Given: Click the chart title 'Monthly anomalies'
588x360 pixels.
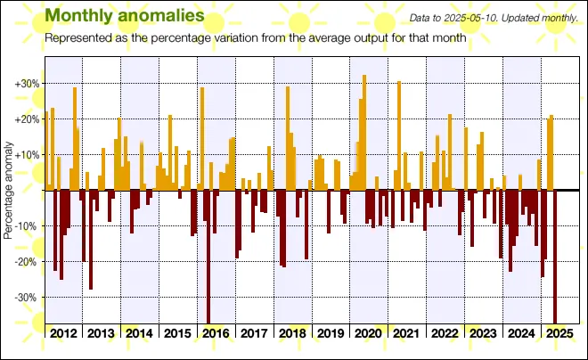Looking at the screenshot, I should tap(124, 16).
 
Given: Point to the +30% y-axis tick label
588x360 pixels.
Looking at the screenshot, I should tap(27, 84).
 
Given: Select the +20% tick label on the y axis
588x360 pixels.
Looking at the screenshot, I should tap(27, 119).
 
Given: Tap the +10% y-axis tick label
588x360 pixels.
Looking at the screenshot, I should tap(27, 155).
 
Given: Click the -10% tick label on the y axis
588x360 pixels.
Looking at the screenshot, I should tap(27, 226).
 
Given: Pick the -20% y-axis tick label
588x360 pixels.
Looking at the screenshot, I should tap(27, 262).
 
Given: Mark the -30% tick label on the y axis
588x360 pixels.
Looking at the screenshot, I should tap(27, 298).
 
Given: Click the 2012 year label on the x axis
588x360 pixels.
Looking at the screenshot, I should tap(63, 333).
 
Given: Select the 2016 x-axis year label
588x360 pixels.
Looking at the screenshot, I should tap(216, 333).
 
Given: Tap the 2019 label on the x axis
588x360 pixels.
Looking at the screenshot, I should tap(331, 333).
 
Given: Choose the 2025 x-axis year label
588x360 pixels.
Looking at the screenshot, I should tap(560, 333).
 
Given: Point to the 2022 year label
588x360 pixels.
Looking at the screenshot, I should tap(445, 333).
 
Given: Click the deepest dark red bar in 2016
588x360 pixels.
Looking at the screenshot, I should tap(208, 257).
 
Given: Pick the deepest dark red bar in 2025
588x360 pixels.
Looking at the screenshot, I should tap(555, 257).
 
